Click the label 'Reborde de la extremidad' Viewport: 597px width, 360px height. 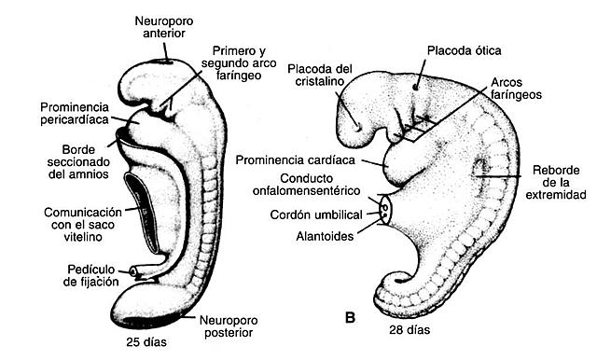pos(555,181)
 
